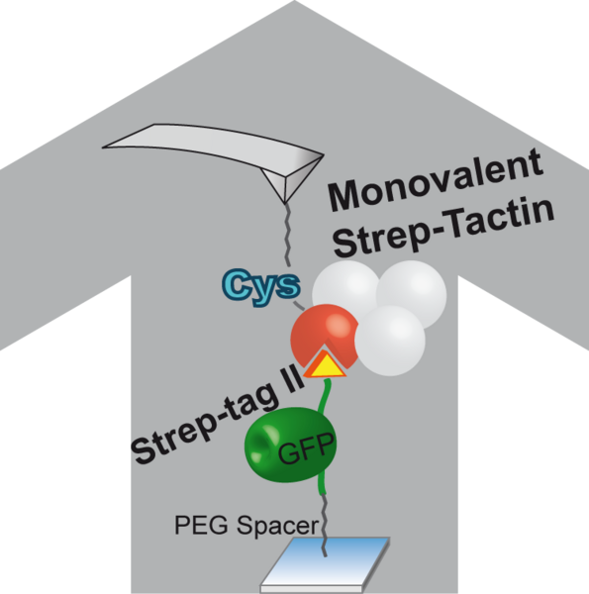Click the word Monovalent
coord(436,179)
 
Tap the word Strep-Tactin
coord(443,226)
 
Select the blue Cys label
coord(261,286)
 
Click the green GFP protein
coord(290,445)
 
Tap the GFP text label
coord(307,448)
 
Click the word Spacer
coord(277,527)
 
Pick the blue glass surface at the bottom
coord(326,564)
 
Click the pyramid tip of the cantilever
coord(285,204)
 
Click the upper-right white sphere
coord(412,295)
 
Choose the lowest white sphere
coord(390,341)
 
